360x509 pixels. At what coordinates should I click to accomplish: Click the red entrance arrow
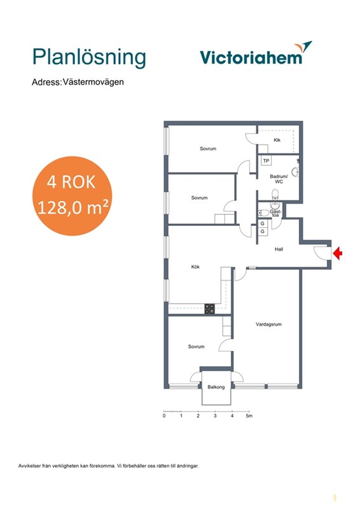point(338,253)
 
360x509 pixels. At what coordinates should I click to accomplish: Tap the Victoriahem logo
point(256,53)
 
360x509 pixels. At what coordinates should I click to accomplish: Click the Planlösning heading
point(89,58)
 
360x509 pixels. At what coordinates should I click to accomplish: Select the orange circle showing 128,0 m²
point(72,196)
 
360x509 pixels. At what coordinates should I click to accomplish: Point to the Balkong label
point(216,387)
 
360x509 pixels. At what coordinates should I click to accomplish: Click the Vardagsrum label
point(268,324)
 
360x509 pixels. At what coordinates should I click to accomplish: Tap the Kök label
point(195,267)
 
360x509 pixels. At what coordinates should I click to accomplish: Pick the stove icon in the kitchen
point(209,309)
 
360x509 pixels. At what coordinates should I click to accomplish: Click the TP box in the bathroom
point(267,161)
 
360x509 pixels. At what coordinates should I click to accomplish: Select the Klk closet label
point(277,140)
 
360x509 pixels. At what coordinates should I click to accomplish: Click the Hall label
point(279,249)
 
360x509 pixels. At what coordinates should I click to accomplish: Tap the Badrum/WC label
point(279,179)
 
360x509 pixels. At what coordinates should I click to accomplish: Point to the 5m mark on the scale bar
point(249,415)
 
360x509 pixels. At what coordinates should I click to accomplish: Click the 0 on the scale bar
point(164,415)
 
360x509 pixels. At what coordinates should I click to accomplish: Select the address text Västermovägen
point(93,82)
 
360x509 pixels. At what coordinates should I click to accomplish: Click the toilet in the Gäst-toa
point(263,213)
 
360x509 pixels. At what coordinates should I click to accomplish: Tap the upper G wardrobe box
point(262,223)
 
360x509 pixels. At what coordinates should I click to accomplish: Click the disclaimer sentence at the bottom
point(108,466)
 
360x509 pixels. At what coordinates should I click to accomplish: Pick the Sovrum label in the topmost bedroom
point(208,149)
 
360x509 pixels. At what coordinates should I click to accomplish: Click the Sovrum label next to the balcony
point(196,347)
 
